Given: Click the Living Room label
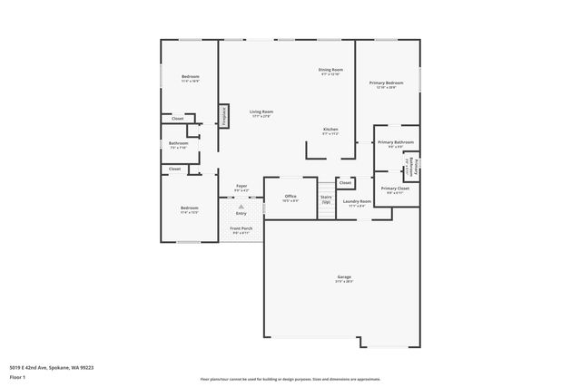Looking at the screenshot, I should pos(261,113).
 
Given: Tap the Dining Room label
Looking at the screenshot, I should pos(330,71).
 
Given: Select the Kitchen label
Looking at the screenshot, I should pos(331,131).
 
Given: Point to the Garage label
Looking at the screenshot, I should pos(344,278).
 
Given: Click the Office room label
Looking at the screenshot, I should pos(290,198).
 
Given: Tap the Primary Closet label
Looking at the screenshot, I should pos(396,189).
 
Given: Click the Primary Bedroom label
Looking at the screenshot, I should pos(386,84).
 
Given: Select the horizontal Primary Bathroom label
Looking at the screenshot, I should pos(396,143).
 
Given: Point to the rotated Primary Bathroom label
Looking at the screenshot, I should pos(413,165).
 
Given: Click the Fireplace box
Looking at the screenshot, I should pos(222,116).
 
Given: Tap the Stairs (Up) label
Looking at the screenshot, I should pos(326,198).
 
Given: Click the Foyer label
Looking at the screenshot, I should pos(241,188).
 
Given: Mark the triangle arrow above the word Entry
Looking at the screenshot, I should pos(241,207).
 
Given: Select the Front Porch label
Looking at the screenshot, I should pos(241,230).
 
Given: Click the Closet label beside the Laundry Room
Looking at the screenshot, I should pos(345,183).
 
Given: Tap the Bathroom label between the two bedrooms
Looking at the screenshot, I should pos(178,145).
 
